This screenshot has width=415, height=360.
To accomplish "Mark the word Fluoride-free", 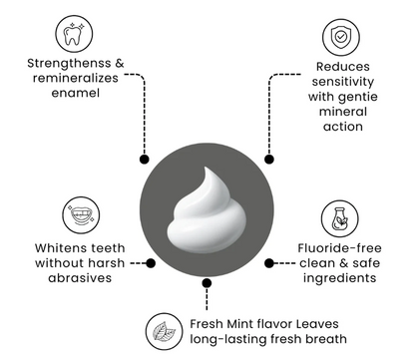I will pyautogui.click(x=324, y=246).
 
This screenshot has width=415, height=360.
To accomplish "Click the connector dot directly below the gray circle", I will pyautogui.click(x=207, y=282).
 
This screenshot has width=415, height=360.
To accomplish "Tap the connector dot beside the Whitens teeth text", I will pyautogui.click(x=150, y=262).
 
